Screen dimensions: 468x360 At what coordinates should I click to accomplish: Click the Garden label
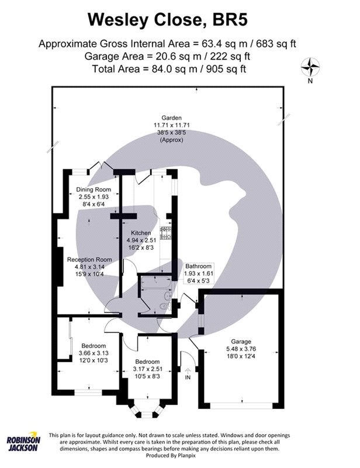click(x=172, y=117)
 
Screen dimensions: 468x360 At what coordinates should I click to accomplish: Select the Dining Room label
click(x=94, y=190)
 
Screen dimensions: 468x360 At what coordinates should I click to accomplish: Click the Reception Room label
click(x=89, y=259)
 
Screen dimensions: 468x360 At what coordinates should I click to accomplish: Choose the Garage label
click(x=240, y=341)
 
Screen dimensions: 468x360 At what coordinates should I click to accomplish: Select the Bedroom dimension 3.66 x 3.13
click(x=94, y=353)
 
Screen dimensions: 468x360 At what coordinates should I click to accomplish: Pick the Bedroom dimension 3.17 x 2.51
click(x=147, y=370)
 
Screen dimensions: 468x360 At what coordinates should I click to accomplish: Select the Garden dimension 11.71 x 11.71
click(x=172, y=125)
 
